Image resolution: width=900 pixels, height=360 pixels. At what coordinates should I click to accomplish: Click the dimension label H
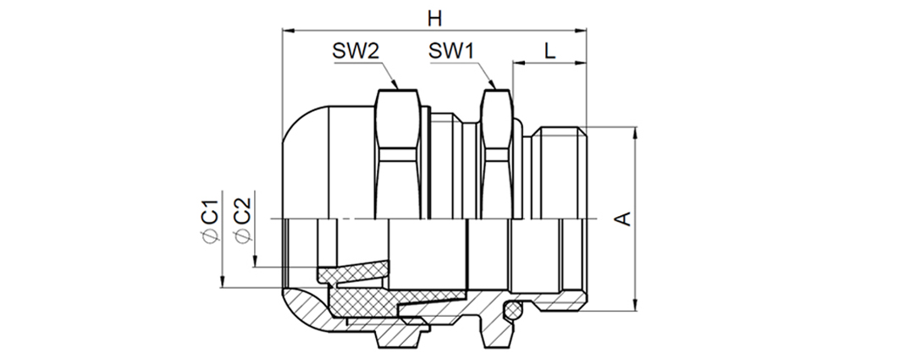point(434,19)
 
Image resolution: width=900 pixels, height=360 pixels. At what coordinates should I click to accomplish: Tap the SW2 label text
point(356,52)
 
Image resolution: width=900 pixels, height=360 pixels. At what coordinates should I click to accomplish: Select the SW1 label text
point(451,52)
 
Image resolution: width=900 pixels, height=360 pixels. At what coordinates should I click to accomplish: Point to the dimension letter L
point(549,52)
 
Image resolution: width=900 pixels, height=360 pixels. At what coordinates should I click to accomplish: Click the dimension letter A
point(623,219)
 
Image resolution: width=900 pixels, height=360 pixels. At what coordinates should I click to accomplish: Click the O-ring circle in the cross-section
point(512,311)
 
